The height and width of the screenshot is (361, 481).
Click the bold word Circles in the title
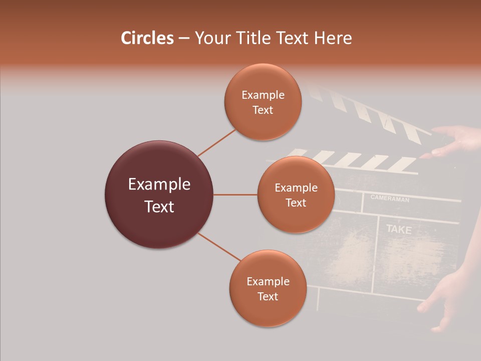tap(147, 38)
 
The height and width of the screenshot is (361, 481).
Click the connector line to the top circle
tap(216, 142)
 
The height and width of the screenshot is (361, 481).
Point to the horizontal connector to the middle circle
tap(235, 195)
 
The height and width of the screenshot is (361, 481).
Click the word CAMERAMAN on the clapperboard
tap(390, 199)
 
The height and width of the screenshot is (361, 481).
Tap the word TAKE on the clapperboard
tap(399, 230)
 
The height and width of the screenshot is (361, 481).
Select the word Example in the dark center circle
tap(159, 185)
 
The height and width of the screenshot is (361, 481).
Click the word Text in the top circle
tap(263, 110)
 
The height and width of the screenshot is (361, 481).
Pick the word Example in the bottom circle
tap(268, 281)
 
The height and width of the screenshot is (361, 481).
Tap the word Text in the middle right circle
tap(296, 203)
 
